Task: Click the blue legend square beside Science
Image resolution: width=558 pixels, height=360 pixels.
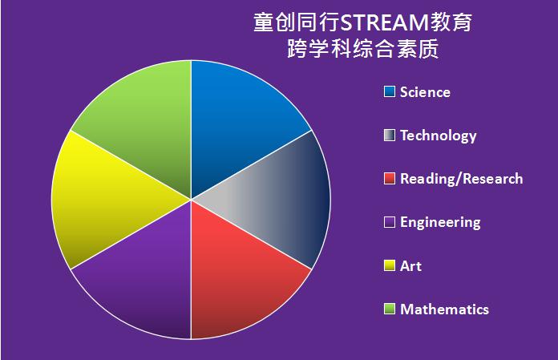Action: tap(390, 91)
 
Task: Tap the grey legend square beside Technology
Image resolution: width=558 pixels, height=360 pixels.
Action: tap(390, 136)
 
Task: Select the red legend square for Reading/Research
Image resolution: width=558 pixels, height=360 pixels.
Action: tap(390, 179)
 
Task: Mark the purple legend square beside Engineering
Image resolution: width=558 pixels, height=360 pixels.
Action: tap(390, 222)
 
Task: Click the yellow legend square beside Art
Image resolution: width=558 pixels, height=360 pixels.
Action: tap(390, 265)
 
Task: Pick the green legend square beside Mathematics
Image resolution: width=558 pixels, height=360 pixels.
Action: tap(390, 309)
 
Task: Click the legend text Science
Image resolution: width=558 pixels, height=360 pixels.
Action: tap(425, 92)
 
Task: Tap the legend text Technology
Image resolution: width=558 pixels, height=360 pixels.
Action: tap(438, 136)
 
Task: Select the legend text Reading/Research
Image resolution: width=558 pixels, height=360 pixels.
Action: tap(462, 179)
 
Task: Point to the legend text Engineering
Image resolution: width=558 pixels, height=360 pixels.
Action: tap(440, 223)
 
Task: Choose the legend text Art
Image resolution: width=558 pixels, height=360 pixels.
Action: tap(410, 266)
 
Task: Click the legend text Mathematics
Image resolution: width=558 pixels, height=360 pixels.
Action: tap(444, 309)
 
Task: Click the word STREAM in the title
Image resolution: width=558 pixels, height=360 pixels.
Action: tap(384, 22)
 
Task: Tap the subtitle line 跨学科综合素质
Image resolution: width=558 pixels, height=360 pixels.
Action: tap(363, 48)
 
